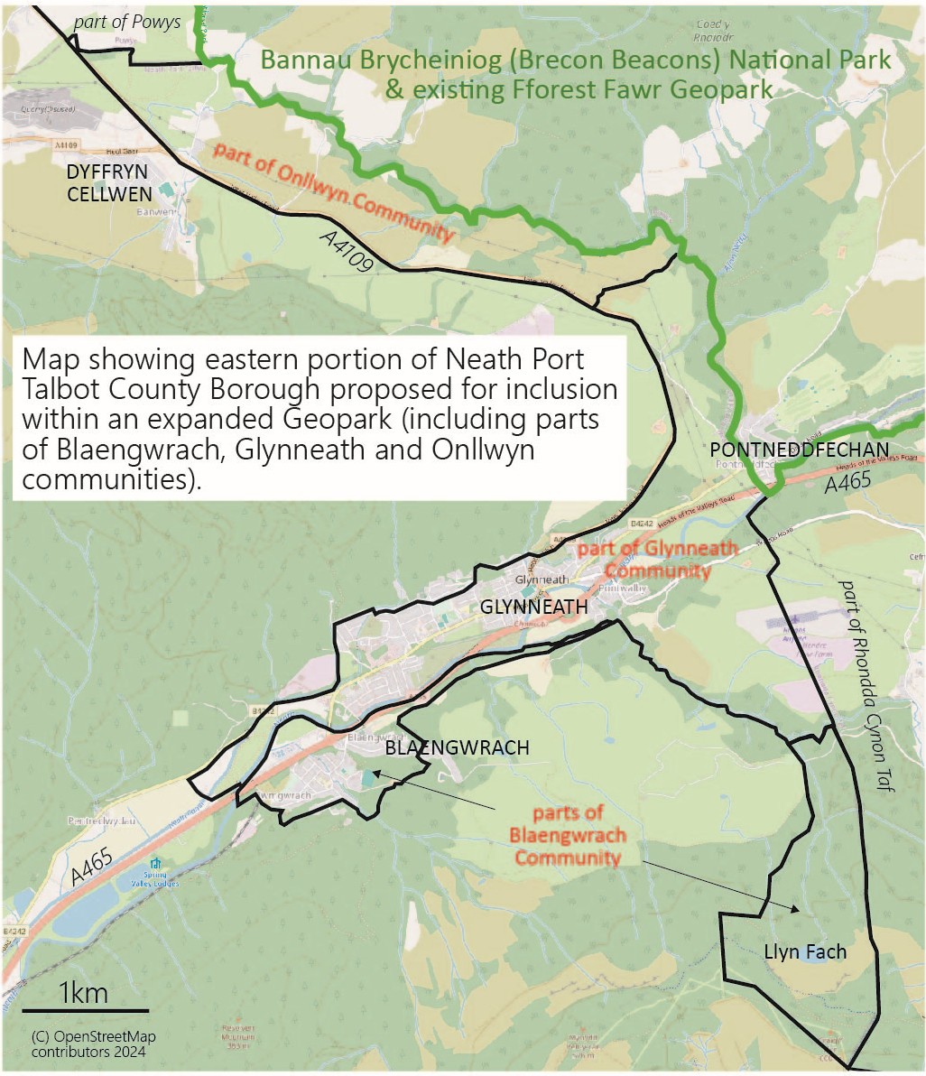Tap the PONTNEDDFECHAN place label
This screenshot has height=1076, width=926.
click(x=800, y=450)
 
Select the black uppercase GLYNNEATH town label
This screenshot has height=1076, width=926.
click(x=533, y=608)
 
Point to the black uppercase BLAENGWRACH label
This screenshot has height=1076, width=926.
click(x=457, y=748)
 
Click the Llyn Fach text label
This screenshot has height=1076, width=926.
click(x=805, y=951)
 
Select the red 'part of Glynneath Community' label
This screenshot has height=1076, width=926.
click(x=658, y=560)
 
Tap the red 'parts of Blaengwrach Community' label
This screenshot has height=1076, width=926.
click(x=567, y=835)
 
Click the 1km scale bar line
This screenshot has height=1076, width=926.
click(x=85, y=1010)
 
